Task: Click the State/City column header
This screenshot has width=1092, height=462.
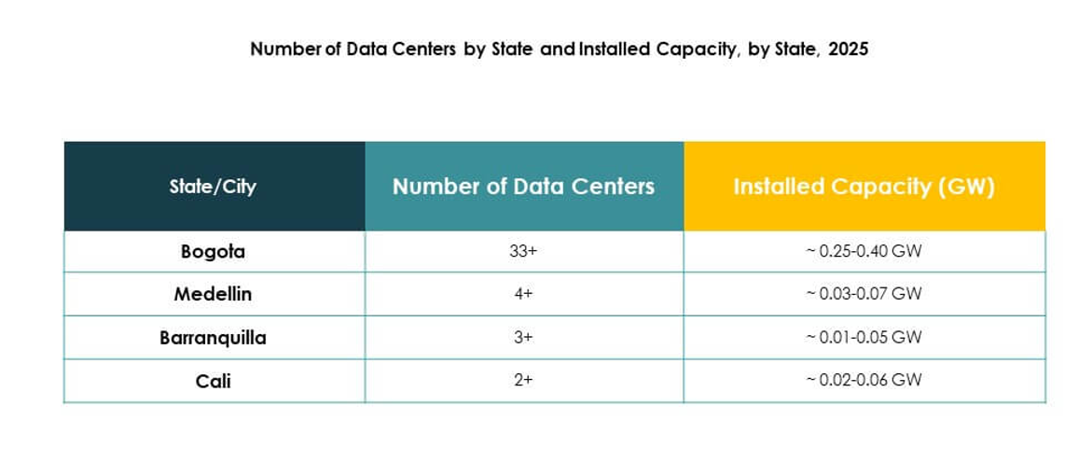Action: click(x=213, y=186)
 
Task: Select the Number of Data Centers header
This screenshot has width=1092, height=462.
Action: click(x=523, y=186)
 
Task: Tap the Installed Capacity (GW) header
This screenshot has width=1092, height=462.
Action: click(x=864, y=186)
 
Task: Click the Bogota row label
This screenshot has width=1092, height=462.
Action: click(x=213, y=251)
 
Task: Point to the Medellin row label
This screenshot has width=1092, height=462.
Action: click(x=213, y=294)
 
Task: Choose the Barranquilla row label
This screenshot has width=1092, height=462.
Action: click(x=213, y=337)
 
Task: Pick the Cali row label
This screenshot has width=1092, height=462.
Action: click(x=213, y=380)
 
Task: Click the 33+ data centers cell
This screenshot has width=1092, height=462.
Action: click(x=523, y=251)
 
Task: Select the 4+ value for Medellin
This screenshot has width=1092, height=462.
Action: click(x=523, y=294)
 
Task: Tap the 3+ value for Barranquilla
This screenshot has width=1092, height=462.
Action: click(x=523, y=337)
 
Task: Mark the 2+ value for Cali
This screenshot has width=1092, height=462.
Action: click(x=523, y=380)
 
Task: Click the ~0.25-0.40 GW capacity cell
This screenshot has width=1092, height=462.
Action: click(x=864, y=251)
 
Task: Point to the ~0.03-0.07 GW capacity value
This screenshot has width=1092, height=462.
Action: click(x=864, y=294)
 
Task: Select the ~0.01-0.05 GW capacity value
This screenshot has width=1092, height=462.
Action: click(x=864, y=337)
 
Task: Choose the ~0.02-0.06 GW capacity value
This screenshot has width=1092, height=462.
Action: click(x=864, y=380)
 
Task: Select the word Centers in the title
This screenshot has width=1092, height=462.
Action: click(x=422, y=49)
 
